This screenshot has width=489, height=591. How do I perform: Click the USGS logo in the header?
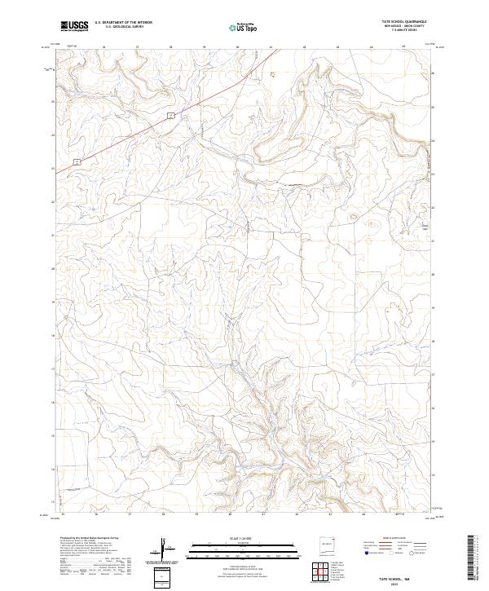point(75,26)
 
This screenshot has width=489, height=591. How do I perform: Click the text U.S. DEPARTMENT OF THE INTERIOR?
point(123,23)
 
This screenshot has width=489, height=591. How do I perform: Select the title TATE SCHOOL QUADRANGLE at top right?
point(399,22)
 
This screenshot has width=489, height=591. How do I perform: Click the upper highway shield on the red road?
point(171,117)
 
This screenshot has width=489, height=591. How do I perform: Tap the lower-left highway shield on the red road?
point(76,161)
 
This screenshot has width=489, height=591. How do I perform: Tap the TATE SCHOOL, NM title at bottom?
point(395,576)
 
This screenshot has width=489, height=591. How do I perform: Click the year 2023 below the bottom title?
point(395,582)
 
